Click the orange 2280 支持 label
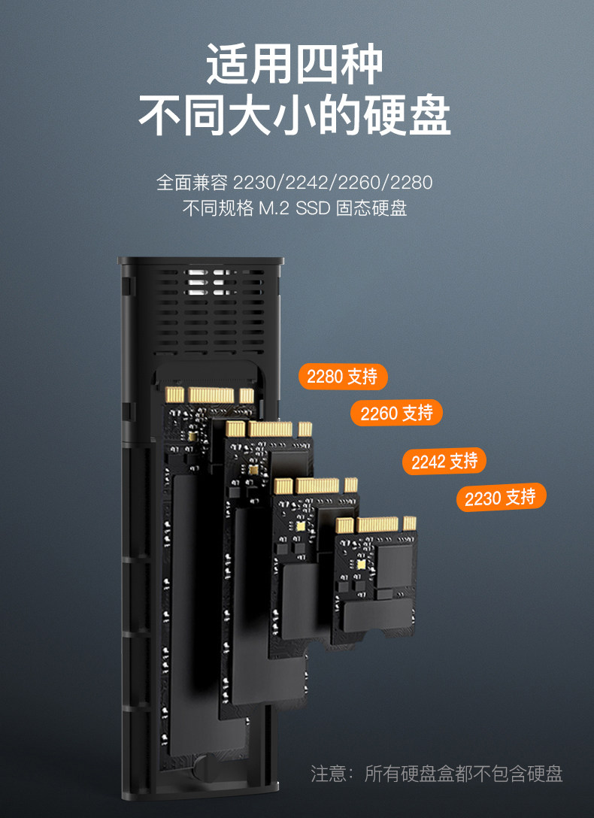click(x=342, y=376)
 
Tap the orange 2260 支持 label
click(x=396, y=413)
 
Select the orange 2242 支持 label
click(x=444, y=461)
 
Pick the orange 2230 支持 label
click(x=500, y=497)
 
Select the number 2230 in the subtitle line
click(x=255, y=183)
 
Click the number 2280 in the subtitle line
click(x=411, y=183)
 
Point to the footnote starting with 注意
click(x=437, y=774)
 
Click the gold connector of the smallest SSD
click(x=375, y=524)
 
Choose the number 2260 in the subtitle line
click(x=359, y=183)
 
